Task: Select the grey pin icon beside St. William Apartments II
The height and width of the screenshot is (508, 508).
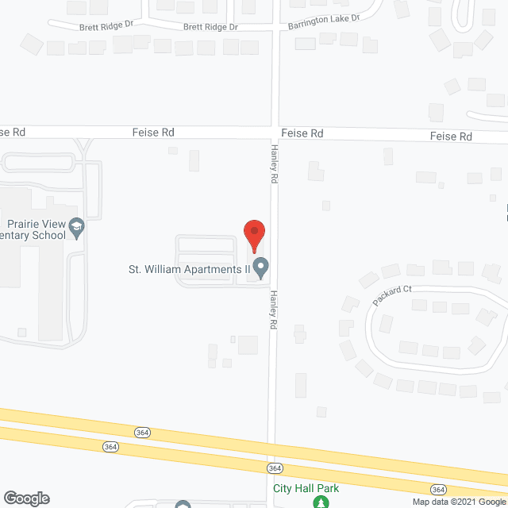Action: [260, 267]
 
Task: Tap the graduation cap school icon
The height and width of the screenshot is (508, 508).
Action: [77, 229]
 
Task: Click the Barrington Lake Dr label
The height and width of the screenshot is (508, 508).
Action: [324, 21]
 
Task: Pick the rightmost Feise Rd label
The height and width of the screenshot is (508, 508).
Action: [451, 137]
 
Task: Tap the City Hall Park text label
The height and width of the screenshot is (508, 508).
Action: [306, 488]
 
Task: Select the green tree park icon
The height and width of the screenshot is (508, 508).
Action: [320, 502]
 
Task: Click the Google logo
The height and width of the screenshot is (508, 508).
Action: [25, 498]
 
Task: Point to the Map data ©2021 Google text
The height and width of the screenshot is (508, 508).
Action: [458, 501]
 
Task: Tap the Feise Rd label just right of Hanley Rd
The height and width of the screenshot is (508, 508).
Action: [302, 133]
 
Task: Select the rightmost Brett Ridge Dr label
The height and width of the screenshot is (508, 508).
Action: [210, 26]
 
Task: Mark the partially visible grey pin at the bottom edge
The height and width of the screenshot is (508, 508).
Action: [183, 505]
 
